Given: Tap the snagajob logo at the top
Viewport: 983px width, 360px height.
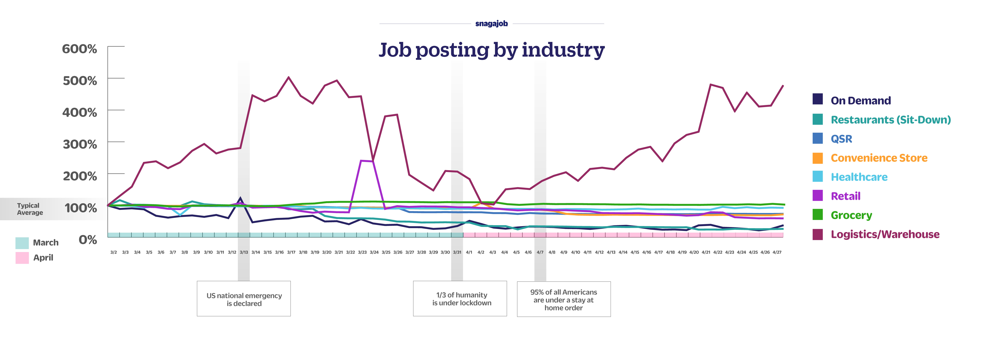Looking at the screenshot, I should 491,24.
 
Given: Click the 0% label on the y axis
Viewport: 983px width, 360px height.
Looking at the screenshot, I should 88,240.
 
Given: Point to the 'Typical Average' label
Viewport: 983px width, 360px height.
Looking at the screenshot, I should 30,209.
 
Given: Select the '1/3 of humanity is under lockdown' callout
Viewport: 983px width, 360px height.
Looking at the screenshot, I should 460,299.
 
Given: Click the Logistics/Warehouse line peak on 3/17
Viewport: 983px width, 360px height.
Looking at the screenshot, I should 288,78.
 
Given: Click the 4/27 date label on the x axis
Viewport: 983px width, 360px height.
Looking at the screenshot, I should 777,252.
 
